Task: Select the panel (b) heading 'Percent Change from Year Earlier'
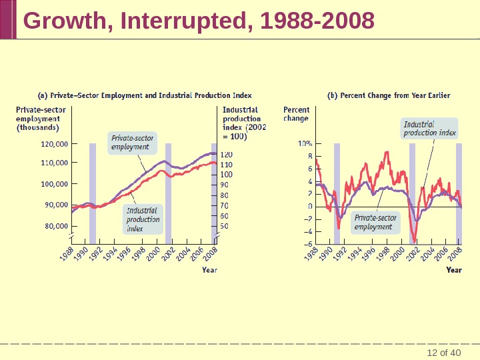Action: [389, 95]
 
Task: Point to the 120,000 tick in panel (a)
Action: [54, 143]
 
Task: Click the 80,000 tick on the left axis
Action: [56, 226]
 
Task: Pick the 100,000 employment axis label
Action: [54, 184]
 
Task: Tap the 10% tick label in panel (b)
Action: [305, 143]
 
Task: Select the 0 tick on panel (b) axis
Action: [309, 207]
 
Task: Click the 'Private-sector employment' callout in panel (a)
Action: [132, 143]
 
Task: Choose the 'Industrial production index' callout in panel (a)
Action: [143, 219]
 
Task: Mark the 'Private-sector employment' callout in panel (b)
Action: [375, 222]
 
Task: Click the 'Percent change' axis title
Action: [297, 114]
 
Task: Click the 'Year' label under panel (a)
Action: [209, 270]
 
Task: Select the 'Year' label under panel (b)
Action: [453, 270]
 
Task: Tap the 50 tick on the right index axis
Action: [224, 226]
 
